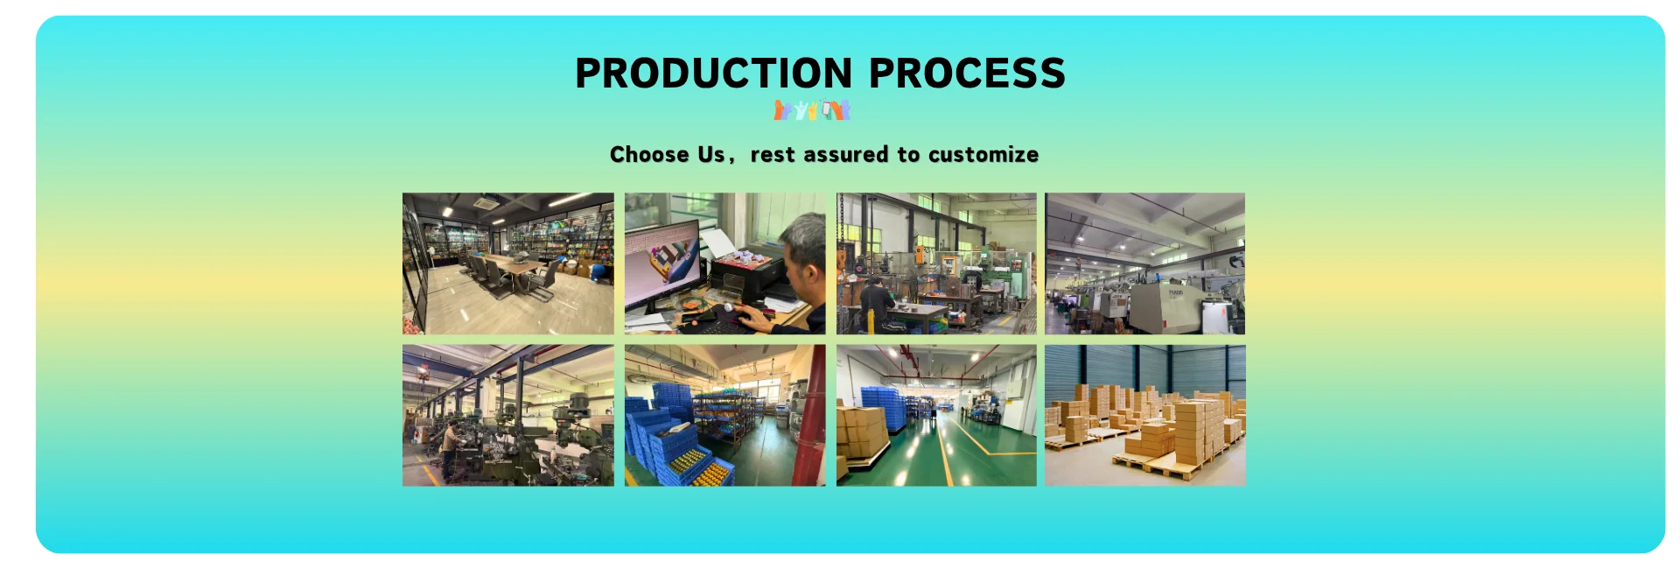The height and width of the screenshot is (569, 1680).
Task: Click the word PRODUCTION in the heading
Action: (x=713, y=73)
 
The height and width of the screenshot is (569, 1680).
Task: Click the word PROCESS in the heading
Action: (x=967, y=73)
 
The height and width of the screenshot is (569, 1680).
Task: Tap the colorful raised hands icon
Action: (x=812, y=110)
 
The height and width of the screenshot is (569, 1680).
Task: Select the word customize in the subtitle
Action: (x=983, y=155)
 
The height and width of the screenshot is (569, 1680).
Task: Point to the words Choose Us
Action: (x=667, y=155)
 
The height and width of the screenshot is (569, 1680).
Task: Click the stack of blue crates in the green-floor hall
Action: (x=882, y=408)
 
